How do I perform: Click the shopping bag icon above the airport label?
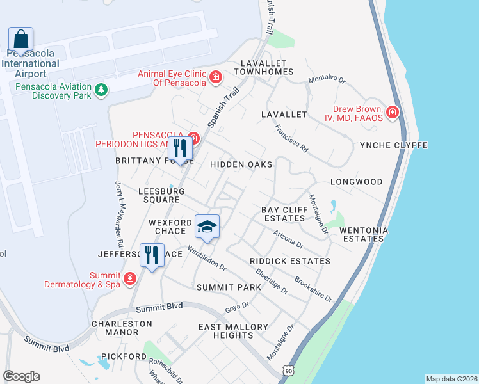point(21,39)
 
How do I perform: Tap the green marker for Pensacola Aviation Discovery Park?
point(101,91)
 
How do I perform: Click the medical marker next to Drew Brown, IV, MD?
point(393,113)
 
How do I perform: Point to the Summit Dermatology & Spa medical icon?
point(130,278)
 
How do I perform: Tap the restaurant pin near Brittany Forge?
point(179,148)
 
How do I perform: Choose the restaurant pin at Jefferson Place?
point(152,255)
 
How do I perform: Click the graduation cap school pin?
point(207,227)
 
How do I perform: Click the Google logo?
point(21,376)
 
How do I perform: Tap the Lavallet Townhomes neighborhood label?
point(263,68)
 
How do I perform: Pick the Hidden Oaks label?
point(241,164)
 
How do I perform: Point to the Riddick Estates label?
point(290,261)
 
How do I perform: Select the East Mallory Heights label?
point(233,331)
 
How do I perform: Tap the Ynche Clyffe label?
point(394,145)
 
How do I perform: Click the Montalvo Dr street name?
point(327,80)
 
